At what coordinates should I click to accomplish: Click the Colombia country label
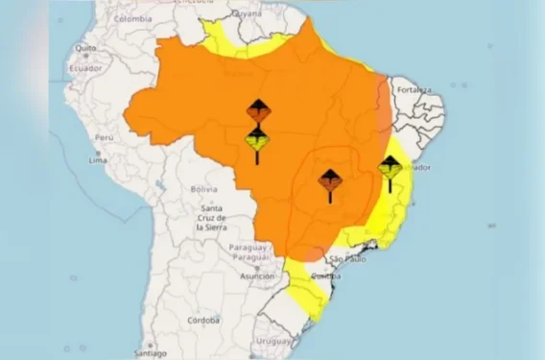pos(132,18)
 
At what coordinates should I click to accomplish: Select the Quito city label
pos(86,47)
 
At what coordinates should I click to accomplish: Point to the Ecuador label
pos(85,69)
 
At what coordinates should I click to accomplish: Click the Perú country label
pos(104,137)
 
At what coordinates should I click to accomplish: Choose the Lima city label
pos(100,158)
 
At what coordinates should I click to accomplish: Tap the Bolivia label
pos(203,189)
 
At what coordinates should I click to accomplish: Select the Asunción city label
pos(256,276)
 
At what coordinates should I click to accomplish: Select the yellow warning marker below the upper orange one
pos(257,141)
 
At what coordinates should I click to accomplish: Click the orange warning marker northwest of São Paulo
pos(329,180)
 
